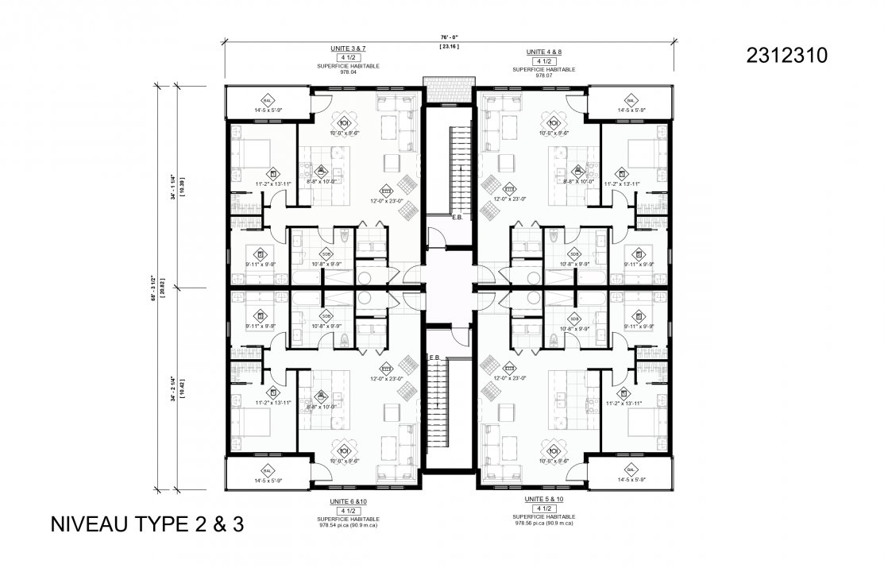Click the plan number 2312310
point(787,55)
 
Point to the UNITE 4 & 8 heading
point(544,52)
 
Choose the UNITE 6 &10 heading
point(349,502)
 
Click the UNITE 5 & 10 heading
point(544,498)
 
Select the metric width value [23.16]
point(450,46)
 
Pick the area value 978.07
point(544,76)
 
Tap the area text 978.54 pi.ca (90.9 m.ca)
point(349,524)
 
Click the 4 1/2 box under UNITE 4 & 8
point(544,61)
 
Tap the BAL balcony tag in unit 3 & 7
point(268,101)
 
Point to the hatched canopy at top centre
point(436,82)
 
